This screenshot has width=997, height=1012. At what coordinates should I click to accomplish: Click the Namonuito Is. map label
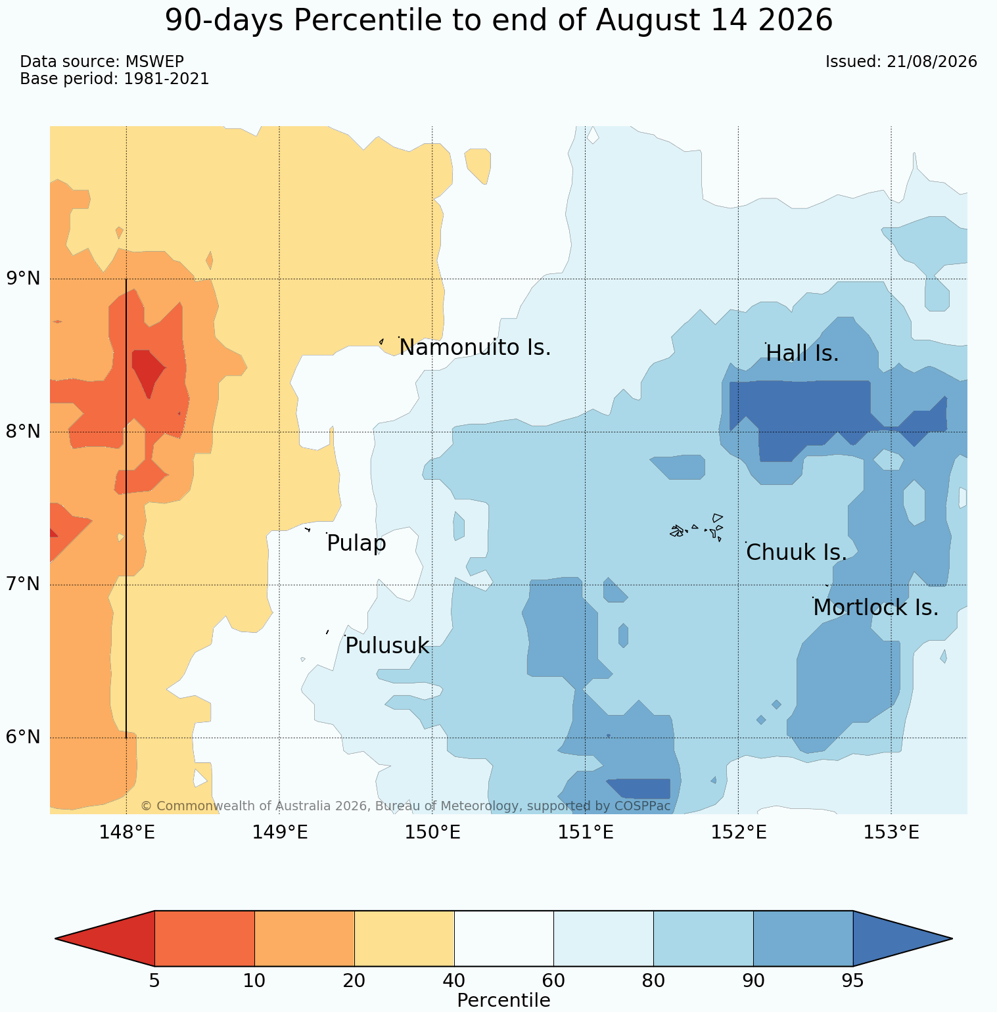(x=475, y=347)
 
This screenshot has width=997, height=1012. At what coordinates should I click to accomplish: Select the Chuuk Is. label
(x=797, y=553)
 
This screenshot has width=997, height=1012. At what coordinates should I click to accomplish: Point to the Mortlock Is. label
(x=875, y=608)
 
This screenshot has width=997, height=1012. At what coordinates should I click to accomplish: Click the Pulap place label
(x=356, y=544)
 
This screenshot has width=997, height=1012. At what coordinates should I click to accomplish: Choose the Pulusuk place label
(x=387, y=646)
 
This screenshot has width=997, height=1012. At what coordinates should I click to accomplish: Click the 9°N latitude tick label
(x=24, y=279)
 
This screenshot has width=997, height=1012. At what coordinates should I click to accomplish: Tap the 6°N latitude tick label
(x=24, y=737)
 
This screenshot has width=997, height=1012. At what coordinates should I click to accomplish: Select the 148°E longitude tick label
(x=127, y=833)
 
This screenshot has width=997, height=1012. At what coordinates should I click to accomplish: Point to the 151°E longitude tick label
(x=586, y=833)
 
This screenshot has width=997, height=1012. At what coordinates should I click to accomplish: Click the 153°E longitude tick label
(x=891, y=833)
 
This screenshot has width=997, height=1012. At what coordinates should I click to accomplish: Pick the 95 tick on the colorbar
(x=853, y=981)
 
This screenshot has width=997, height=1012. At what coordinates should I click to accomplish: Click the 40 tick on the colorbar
(x=454, y=981)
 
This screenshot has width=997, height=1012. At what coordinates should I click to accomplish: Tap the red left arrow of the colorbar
(x=105, y=938)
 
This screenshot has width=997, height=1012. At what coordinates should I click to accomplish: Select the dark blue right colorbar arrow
(x=902, y=938)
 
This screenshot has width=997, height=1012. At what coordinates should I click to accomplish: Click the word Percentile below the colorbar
(x=503, y=1000)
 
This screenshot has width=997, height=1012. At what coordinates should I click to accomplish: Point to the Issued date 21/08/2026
(x=932, y=62)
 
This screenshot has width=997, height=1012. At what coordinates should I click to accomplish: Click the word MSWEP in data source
(x=154, y=62)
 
